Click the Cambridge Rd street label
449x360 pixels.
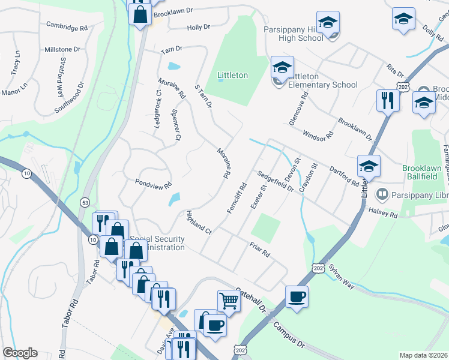[x=67, y=28]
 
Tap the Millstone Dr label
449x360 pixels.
[x=62, y=49]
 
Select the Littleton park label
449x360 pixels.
[x=232, y=76]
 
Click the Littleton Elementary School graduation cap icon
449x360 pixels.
[x=282, y=68]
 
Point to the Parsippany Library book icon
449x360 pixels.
[x=381, y=194]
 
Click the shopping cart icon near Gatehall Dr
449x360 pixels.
[x=229, y=299]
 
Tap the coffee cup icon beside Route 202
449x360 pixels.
[x=297, y=296]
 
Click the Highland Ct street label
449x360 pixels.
[x=199, y=223]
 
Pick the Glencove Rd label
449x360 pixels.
[x=298, y=108]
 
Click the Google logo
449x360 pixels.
[x=20, y=353]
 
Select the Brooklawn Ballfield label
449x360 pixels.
[x=423, y=174]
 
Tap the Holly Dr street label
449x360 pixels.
[x=198, y=28]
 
